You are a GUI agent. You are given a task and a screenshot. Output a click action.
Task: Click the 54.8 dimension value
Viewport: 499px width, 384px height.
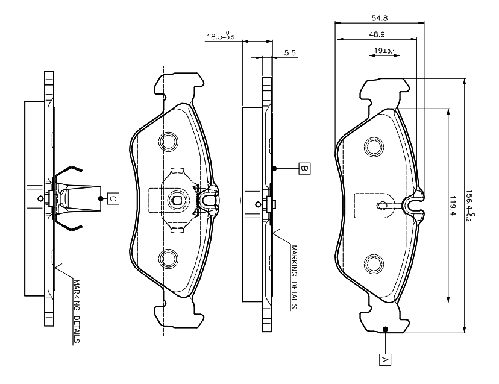click(x=379, y=18)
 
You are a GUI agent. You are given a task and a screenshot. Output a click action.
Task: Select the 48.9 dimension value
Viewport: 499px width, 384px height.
click(x=378, y=34)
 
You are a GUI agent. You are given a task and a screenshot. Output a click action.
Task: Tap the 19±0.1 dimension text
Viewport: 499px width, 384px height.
click(x=384, y=51)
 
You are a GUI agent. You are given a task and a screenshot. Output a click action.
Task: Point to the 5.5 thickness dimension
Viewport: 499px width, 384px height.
click(x=289, y=54)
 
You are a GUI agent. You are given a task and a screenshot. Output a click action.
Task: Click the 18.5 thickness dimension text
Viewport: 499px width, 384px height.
click(x=221, y=37)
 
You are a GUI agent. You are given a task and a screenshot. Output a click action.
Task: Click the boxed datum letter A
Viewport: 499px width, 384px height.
click(x=383, y=359)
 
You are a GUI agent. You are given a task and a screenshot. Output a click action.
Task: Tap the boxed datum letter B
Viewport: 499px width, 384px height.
click(x=304, y=168)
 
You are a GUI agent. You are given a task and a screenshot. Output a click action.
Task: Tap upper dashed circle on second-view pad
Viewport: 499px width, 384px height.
click(x=168, y=141)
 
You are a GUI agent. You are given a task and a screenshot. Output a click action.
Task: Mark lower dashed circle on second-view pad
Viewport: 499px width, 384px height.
click(x=168, y=258)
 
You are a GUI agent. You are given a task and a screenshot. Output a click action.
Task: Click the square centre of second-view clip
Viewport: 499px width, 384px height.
click(x=177, y=201)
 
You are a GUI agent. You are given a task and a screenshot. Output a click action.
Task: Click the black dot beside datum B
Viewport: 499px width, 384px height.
click(x=274, y=168)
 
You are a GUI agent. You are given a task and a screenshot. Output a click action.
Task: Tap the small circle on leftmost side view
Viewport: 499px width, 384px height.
click(x=40, y=198)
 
